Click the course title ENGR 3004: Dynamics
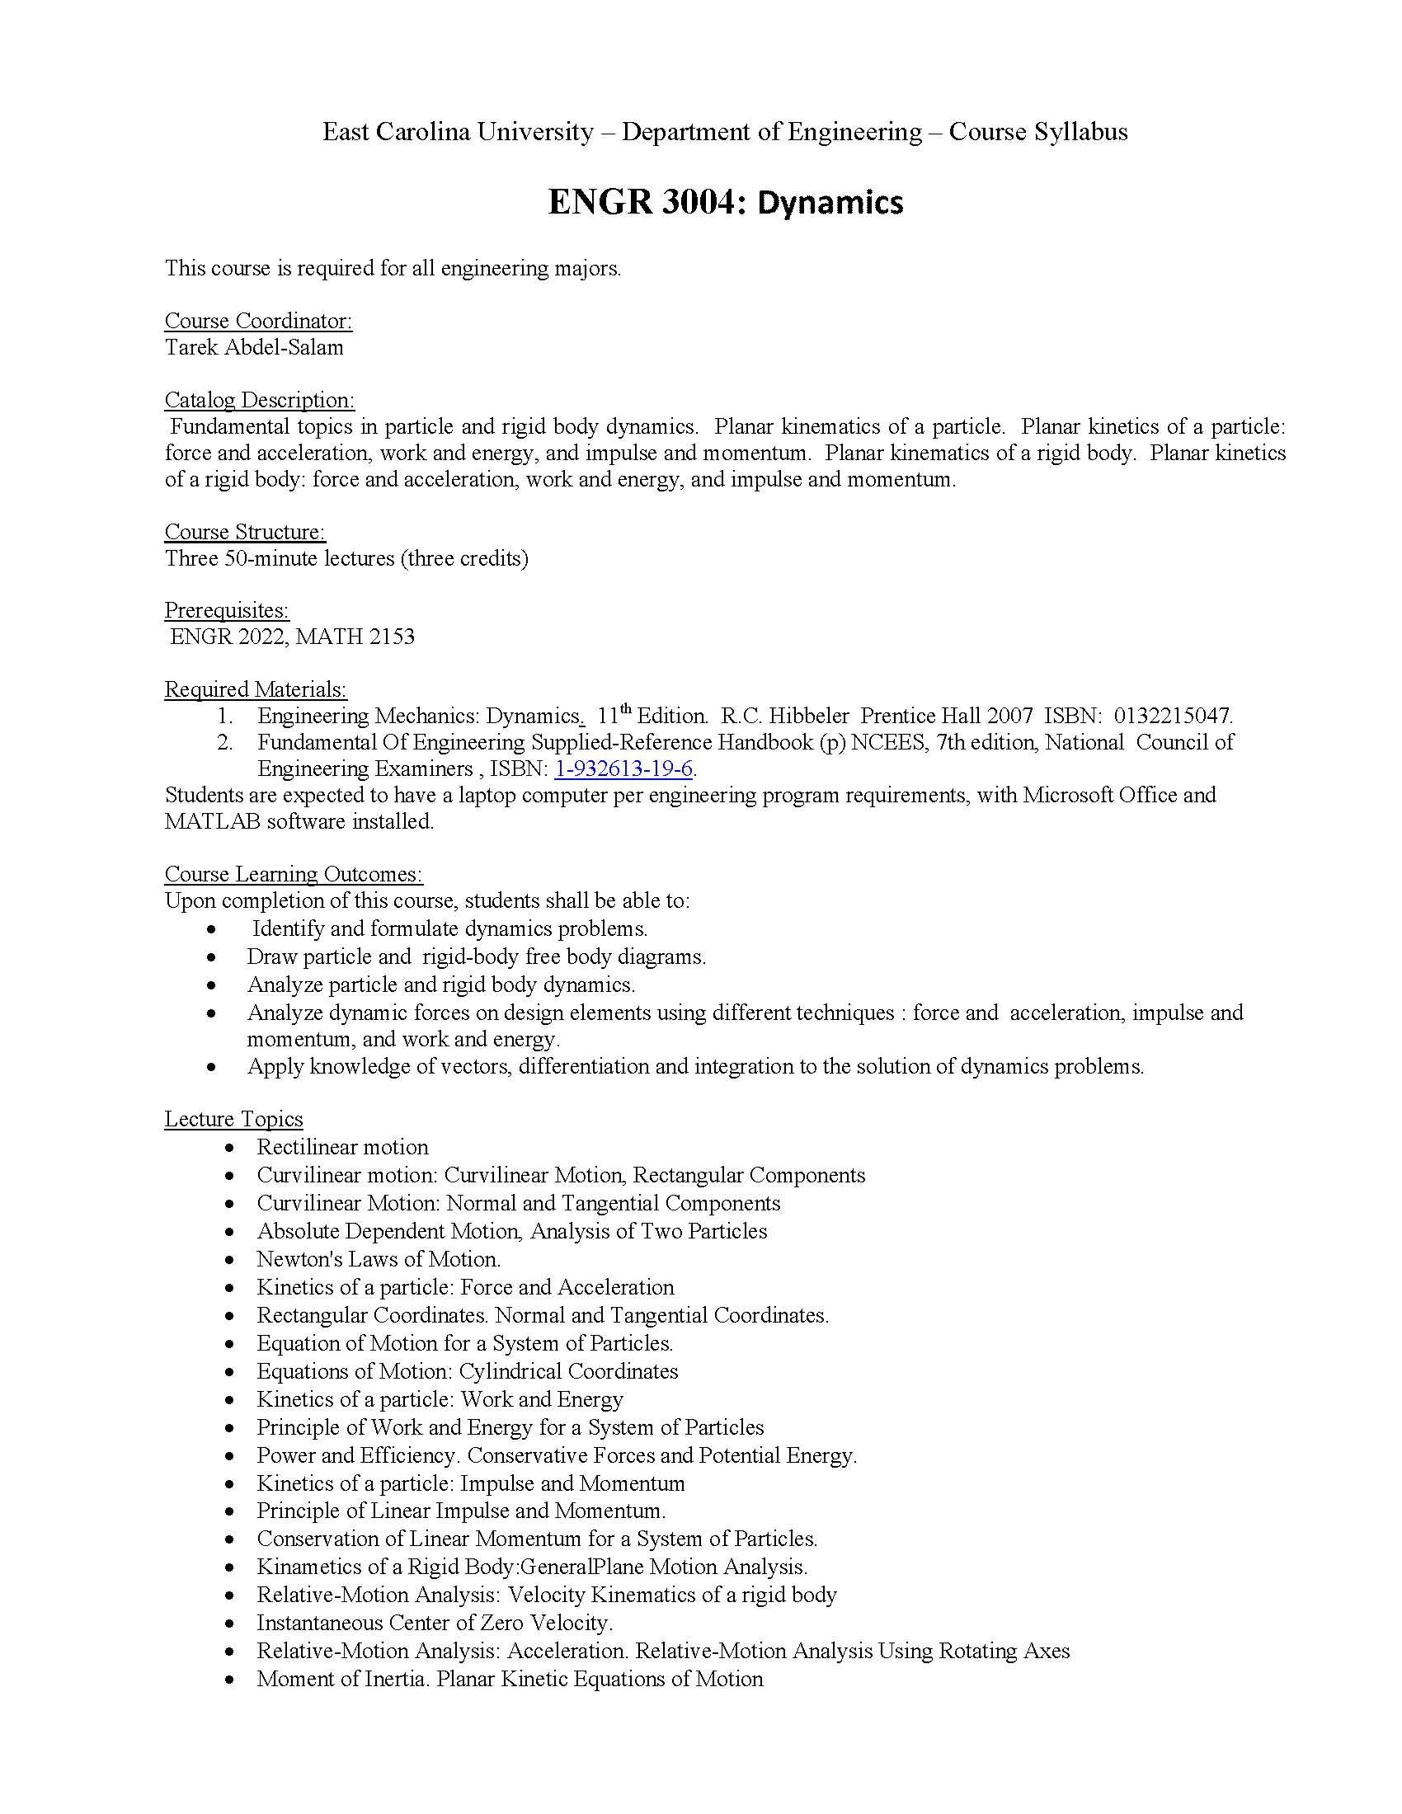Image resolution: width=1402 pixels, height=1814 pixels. pyautogui.click(x=724, y=203)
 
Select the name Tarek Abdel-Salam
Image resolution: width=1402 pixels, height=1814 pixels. pyautogui.click(x=254, y=347)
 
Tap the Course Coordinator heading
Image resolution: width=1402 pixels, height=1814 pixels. pyautogui.click(x=258, y=321)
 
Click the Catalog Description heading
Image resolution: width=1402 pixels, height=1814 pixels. pyautogui.click(x=259, y=400)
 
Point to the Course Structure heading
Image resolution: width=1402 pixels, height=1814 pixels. pyautogui.click(x=245, y=532)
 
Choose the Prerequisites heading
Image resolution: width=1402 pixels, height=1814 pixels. pyautogui.click(x=227, y=610)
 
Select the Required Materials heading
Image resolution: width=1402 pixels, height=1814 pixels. pyautogui.click(x=256, y=689)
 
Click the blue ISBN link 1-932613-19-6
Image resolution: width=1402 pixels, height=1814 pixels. pyautogui.click(x=623, y=769)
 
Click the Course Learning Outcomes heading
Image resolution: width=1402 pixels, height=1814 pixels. pyautogui.click(x=294, y=874)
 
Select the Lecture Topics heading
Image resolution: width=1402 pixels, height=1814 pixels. pyautogui.click(x=233, y=1119)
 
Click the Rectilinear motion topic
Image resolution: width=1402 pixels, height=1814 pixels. pyautogui.click(x=342, y=1147)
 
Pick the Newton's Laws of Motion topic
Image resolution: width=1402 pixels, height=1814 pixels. pyautogui.click(x=378, y=1259)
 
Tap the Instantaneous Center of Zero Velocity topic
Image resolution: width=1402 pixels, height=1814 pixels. pyautogui.click(x=435, y=1622)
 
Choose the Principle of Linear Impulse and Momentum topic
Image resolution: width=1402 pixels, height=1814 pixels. pyautogui.click(x=461, y=1510)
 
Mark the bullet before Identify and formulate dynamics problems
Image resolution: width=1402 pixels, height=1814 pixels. pyautogui.click(x=214, y=929)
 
